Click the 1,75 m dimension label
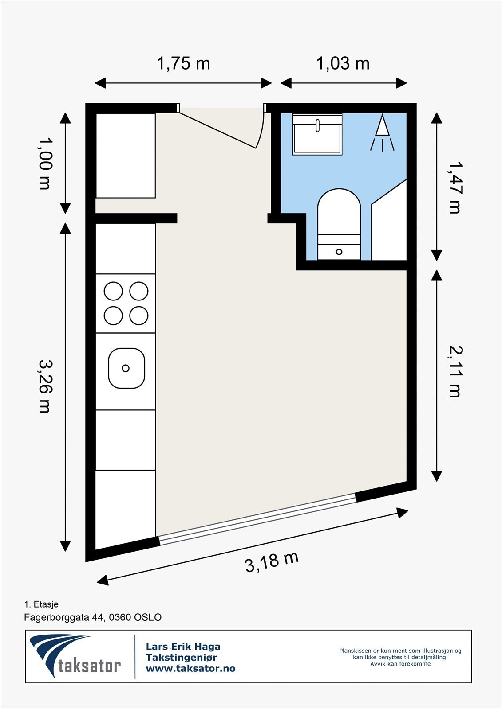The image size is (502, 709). coord(183,63)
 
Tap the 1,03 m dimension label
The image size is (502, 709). coord(343,63)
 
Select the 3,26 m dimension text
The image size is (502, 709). coord(45,386)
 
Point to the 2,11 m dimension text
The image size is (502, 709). coord(455,371)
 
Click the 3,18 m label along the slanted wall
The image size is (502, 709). coord(272,562)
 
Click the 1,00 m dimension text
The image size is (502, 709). coord(45,163)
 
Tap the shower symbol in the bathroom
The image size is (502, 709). coord(382,132)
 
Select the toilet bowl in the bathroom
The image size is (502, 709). coord(339,212)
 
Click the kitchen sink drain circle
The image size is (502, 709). coord(126,368)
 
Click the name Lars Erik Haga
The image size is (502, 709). coord(183,647)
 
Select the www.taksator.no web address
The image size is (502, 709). coord(190,669)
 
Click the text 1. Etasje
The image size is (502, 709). coord(41,604)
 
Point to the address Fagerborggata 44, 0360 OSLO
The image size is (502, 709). coord(93,617)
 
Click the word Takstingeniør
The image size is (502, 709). coord(181,658)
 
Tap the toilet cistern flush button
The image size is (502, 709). coord(339,252)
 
